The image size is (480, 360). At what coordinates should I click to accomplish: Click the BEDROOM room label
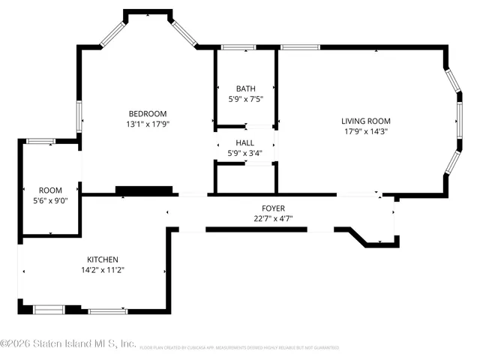click(x=146, y=114)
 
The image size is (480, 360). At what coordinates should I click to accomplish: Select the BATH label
click(x=245, y=88)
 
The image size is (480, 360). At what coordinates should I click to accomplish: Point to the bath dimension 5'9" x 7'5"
click(x=245, y=98)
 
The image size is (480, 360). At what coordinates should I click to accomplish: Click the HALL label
click(x=245, y=142)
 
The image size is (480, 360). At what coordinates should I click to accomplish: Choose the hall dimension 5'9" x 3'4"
click(x=245, y=153)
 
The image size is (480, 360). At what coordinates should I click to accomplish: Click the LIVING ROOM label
click(x=365, y=121)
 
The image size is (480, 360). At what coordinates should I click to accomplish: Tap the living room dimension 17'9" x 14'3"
click(x=365, y=131)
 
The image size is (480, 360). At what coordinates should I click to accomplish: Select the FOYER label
click(x=272, y=208)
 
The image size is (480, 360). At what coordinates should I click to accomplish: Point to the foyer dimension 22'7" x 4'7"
click(x=272, y=219)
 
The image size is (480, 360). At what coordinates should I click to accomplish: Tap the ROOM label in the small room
click(x=51, y=190)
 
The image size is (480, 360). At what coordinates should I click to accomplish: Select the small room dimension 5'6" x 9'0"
click(x=51, y=201)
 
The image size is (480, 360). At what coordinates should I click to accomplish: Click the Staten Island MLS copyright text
click(x=68, y=344)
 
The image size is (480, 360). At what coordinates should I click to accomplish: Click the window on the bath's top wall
click(x=238, y=48)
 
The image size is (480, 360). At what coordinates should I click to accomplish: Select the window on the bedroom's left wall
click(x=79, y=117)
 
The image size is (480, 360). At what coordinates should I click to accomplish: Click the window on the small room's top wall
click(x=41, y=141)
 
